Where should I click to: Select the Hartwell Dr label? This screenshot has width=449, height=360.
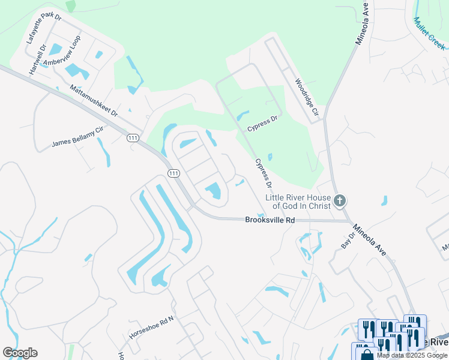36,60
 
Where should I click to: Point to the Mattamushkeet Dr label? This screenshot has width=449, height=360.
93,100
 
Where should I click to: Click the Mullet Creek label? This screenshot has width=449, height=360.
430,32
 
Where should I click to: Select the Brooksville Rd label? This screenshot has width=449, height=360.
270,220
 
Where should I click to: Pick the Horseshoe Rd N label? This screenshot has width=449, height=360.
151,326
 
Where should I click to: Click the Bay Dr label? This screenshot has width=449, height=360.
346,241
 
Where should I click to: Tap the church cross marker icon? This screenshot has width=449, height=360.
340,200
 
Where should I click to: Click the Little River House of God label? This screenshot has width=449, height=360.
298,201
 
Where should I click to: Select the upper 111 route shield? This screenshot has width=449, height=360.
133,138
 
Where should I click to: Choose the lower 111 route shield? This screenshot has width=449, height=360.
173,173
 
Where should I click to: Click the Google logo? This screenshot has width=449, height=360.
20,353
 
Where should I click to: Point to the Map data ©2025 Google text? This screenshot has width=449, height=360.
412,355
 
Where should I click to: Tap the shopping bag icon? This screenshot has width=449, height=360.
367,353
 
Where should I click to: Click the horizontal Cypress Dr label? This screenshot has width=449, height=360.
262,124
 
